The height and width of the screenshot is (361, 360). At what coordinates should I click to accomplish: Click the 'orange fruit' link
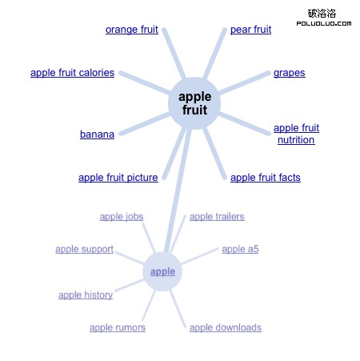[132, 30]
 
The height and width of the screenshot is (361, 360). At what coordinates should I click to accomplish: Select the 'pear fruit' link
[250, 30]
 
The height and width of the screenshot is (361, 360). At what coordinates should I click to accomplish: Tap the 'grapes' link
[290, 73]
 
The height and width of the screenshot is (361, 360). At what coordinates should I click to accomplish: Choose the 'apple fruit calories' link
[72, 73]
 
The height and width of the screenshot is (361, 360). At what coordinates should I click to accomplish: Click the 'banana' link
[97, 134]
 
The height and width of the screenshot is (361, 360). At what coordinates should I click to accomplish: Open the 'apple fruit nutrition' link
[296, 134]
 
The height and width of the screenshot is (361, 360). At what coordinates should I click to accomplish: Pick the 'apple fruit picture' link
[118, 178]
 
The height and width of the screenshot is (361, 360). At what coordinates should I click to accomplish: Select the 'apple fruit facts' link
[266, 178]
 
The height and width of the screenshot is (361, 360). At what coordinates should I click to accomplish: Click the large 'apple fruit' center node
[194, 103]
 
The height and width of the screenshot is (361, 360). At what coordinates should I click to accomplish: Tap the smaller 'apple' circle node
[162, 271]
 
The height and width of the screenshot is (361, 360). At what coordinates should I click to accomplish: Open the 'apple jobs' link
[122, 217]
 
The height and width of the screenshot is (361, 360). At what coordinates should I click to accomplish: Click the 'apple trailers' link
[217, 217]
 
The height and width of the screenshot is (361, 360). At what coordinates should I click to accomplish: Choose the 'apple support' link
[84, 249]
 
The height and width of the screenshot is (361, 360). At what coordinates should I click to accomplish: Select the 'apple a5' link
[240, 249]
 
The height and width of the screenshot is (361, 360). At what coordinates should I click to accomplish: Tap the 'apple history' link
[86, 295]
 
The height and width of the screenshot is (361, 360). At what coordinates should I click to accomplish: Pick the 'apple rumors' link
[118, 327]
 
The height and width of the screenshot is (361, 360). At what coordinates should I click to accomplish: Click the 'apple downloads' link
[226, 327]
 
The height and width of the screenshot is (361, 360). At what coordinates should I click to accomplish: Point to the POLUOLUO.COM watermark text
[324, 23]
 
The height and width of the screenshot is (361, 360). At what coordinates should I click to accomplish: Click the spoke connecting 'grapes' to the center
[244, 83]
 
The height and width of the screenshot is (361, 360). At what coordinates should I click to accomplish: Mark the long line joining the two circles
[178, 191]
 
